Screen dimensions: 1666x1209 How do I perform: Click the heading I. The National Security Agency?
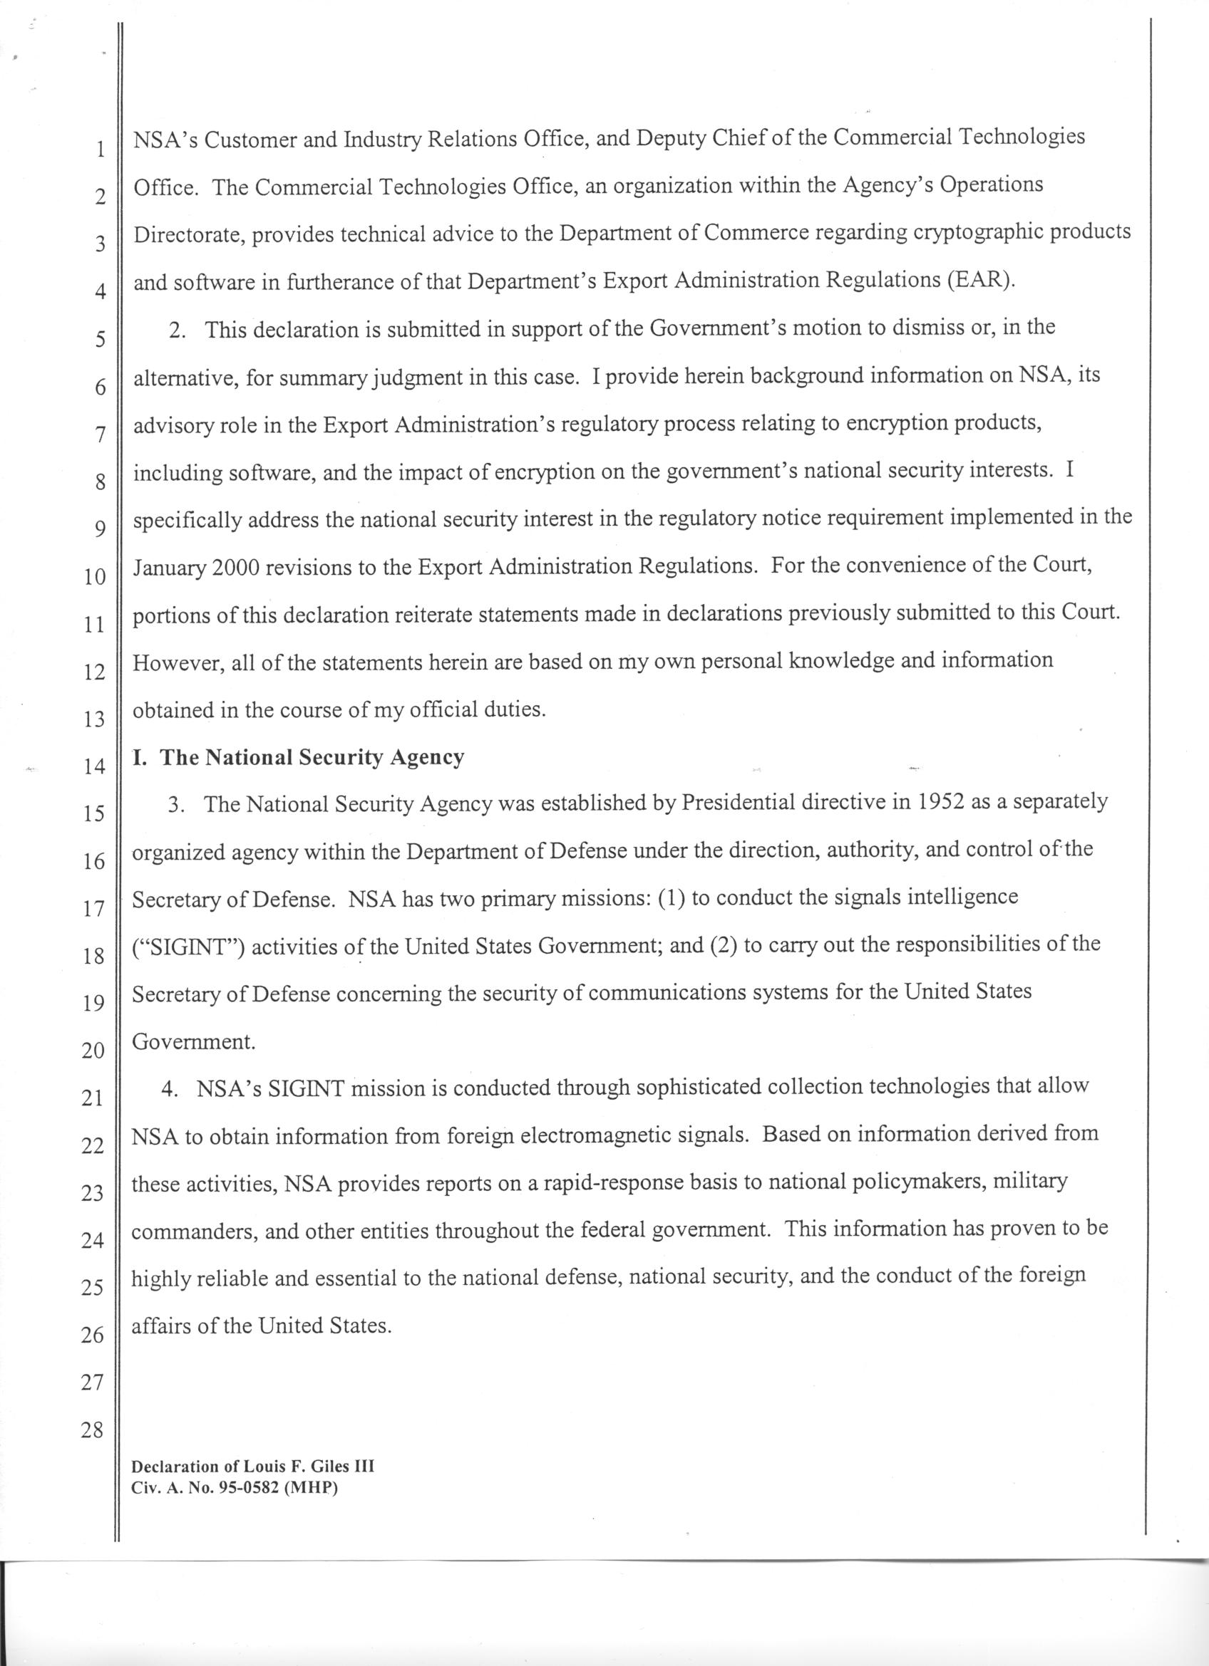(299, 757)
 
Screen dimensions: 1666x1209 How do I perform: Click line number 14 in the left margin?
(94, 767)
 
